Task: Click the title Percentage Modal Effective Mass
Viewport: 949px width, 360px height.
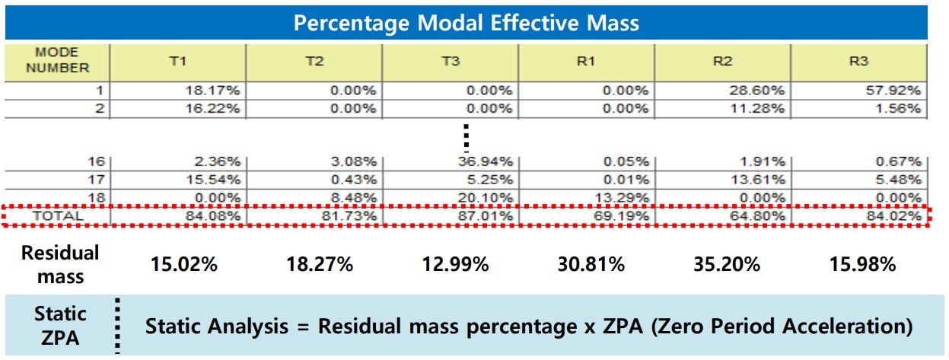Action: pyautogui.click(x=466, y=23)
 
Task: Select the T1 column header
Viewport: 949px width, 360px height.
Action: pyautogui.click(x=177, y=62)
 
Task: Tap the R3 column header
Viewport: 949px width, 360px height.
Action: pyautogui.click(x=858, y=62)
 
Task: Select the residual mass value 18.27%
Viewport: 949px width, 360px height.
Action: pyautogui.click(x=320, y=264)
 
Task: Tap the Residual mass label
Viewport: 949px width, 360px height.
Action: pyautogui.click(x=59, y=264)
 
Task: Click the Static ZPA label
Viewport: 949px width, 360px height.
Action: pyautogui.click(x=59, y=325)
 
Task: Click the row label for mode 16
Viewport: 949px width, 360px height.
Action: pyautogui.click(x=96, y=161)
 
